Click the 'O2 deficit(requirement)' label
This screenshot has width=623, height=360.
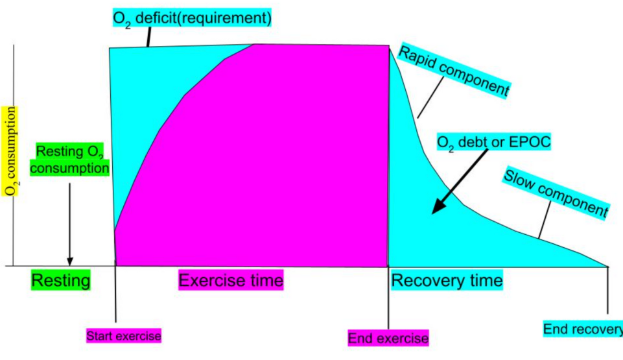coord(191,18)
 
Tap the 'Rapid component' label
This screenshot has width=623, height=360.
coord(453,72)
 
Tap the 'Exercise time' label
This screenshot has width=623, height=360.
coord(231,281)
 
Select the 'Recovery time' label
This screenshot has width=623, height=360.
coord(447,281)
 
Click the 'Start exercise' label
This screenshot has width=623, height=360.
coord(124,336)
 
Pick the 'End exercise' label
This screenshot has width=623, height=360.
coord(388,338)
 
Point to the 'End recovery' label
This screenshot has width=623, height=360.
coord(582,330)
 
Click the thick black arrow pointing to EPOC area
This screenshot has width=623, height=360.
coord(458,186)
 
